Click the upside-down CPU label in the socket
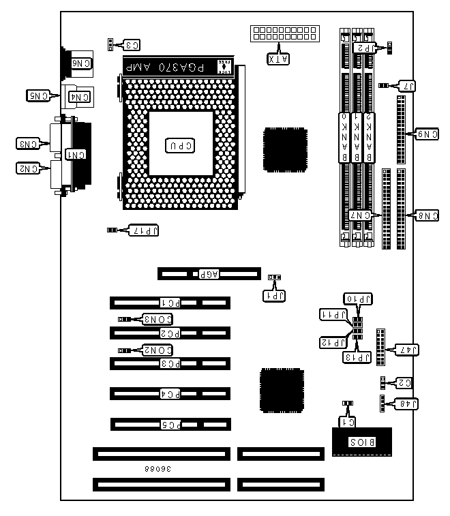(x=181, y=145)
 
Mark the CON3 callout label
(x=156, y=318)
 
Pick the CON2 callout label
(x=156, y=349)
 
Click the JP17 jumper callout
(x=143, y=230)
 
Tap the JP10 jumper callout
(x=359, y=299)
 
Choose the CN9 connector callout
(x=427, y=134)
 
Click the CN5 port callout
(x=38, y=95)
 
